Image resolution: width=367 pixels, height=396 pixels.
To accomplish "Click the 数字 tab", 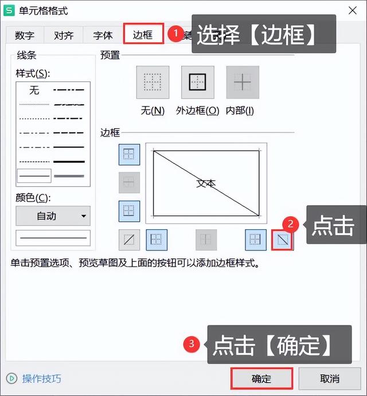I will (25, 35).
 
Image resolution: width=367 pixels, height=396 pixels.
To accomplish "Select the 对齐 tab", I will (64, 35).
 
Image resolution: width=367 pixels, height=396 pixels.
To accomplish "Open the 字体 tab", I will (103, 35).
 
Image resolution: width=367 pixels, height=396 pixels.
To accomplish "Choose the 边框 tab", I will (143, 34).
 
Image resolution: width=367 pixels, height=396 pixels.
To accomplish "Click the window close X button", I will (352, 10).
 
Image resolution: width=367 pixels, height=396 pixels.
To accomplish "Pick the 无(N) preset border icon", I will (153, 83).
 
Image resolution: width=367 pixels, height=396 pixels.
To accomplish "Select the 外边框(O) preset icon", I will (197, 83).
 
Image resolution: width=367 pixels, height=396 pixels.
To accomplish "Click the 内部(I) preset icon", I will (243, 83).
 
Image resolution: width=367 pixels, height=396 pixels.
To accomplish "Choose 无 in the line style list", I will (34, 90).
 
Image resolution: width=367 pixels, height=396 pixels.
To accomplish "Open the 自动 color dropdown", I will (53, 216).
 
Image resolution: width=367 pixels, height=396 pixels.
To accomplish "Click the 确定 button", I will (261, 379).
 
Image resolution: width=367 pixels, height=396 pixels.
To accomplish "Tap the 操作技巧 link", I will (41, 379).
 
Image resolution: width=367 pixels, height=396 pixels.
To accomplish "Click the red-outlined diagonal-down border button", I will (282, 240).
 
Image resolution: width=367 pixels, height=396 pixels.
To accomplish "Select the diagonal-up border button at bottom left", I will (129, 240).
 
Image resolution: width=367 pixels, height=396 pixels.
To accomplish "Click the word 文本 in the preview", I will (206, 183).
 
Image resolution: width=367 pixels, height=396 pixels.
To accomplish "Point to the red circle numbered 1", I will (176, 34).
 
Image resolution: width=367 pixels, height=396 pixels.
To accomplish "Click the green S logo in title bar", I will (9, 11).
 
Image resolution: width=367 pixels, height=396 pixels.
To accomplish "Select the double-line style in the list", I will (69, 175).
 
